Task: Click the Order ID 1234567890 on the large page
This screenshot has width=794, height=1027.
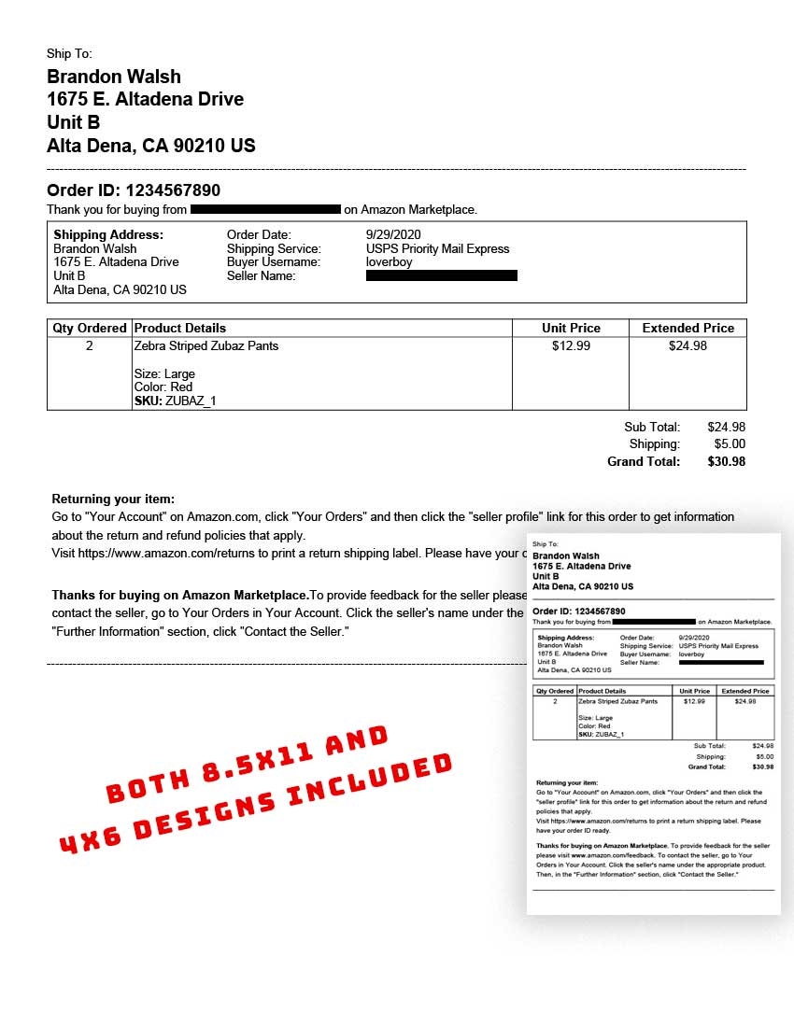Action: coord(173,190)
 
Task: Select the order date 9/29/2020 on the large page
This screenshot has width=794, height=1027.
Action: coord(394,234)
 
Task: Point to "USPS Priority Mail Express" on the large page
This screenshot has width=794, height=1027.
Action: coord(437,248)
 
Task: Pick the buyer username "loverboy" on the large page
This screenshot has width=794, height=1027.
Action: coord(389,262)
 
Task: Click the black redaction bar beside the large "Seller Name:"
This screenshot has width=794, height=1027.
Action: coord(441,275)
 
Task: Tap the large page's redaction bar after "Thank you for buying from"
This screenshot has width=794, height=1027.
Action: coord(265,209)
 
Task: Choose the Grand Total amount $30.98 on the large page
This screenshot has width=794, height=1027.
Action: coord(726,461)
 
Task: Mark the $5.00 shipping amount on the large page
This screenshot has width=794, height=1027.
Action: coord(730,444)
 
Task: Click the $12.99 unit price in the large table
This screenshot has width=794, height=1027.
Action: coord(571,345)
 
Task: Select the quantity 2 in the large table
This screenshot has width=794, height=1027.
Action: coord(90,345)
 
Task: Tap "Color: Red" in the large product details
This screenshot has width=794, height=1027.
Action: coord(163,387)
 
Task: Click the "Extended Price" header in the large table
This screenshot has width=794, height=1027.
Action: coord(688,328)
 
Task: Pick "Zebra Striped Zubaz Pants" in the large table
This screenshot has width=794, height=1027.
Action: coord(206,345)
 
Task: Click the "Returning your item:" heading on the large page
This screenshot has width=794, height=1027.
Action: coord(113,499)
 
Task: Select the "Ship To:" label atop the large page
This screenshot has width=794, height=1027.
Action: coord(69,54)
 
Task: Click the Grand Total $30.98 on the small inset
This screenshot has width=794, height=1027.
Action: coord(762,767)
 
